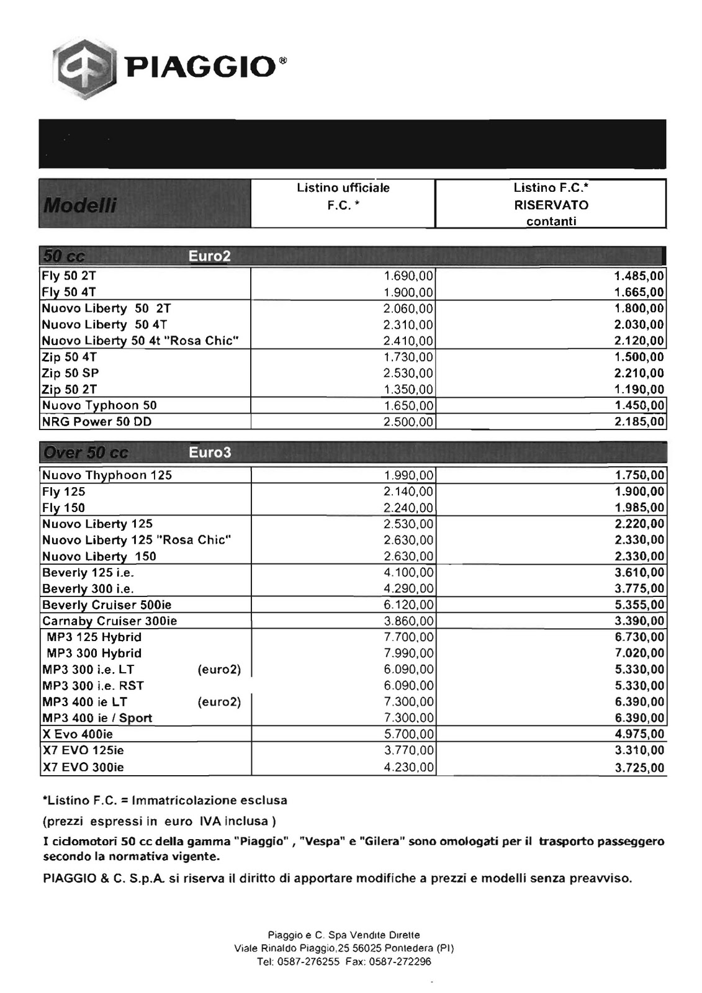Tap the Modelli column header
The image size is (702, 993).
coord(79,205)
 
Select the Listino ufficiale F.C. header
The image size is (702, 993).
coord(343,195)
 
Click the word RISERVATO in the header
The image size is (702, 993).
coord(551,205)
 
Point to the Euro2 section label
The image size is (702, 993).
coord(210,256)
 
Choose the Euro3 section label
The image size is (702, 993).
coord(210,452)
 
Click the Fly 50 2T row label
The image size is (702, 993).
coord(69,276)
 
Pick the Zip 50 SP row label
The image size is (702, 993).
coord(70,373)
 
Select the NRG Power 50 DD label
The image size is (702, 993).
coord(97,421)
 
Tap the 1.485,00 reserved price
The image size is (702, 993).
coord(639,276)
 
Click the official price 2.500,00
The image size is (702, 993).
coord(408,422)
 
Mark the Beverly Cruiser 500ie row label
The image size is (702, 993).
coord(107,604)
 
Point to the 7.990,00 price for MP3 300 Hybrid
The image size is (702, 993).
coord(408,654)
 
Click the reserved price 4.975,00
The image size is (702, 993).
coord(639,734)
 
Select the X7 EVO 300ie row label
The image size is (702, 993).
coord(83,767)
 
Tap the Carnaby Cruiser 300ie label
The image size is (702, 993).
coord(109,621)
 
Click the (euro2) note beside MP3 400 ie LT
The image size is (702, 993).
coord(219,702)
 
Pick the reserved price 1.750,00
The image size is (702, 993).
coord(639,475)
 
